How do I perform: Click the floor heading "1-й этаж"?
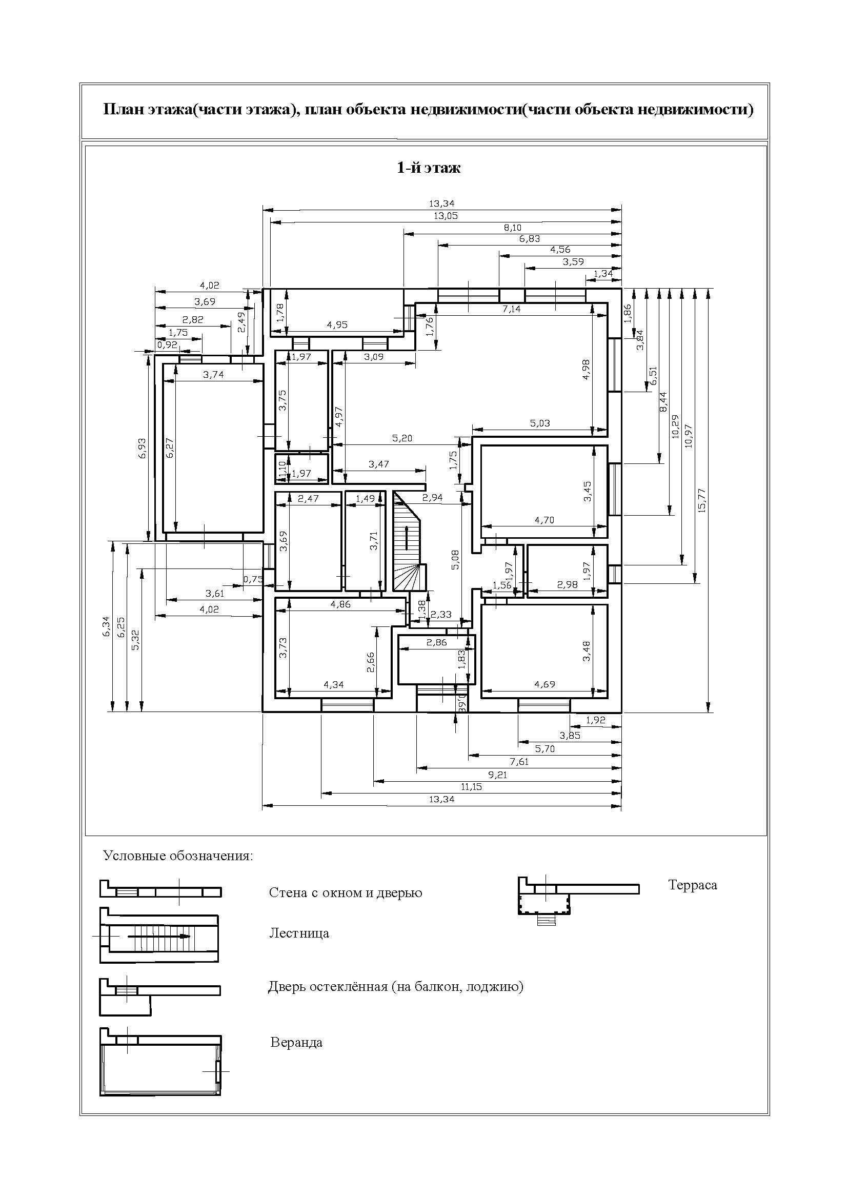pyautogui.click(x=429, y=168)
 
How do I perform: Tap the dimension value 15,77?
pyautogui.click(x=701, y=500)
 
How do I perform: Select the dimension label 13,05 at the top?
pyautogui.click(x=446, y=216)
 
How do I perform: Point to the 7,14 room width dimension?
pyautogui.click(x=512, y=309)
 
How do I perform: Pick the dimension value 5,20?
pyautogui.click(x=401, y=438)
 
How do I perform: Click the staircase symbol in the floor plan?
pyautogui.click(x=408, y=543)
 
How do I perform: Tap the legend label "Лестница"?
pyautogui.click(x=299, y=932)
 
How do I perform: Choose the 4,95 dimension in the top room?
pyautogui.click(x=337, y=324)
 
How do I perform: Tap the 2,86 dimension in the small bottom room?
pyautogui.click(x=436, y=642)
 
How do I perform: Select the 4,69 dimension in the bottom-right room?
pyautogui.click(x=544, y=684)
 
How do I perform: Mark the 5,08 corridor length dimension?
pyautogui.click(x=455, y=559)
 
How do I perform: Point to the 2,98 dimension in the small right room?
pyautogui.click(x=567, y=584)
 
